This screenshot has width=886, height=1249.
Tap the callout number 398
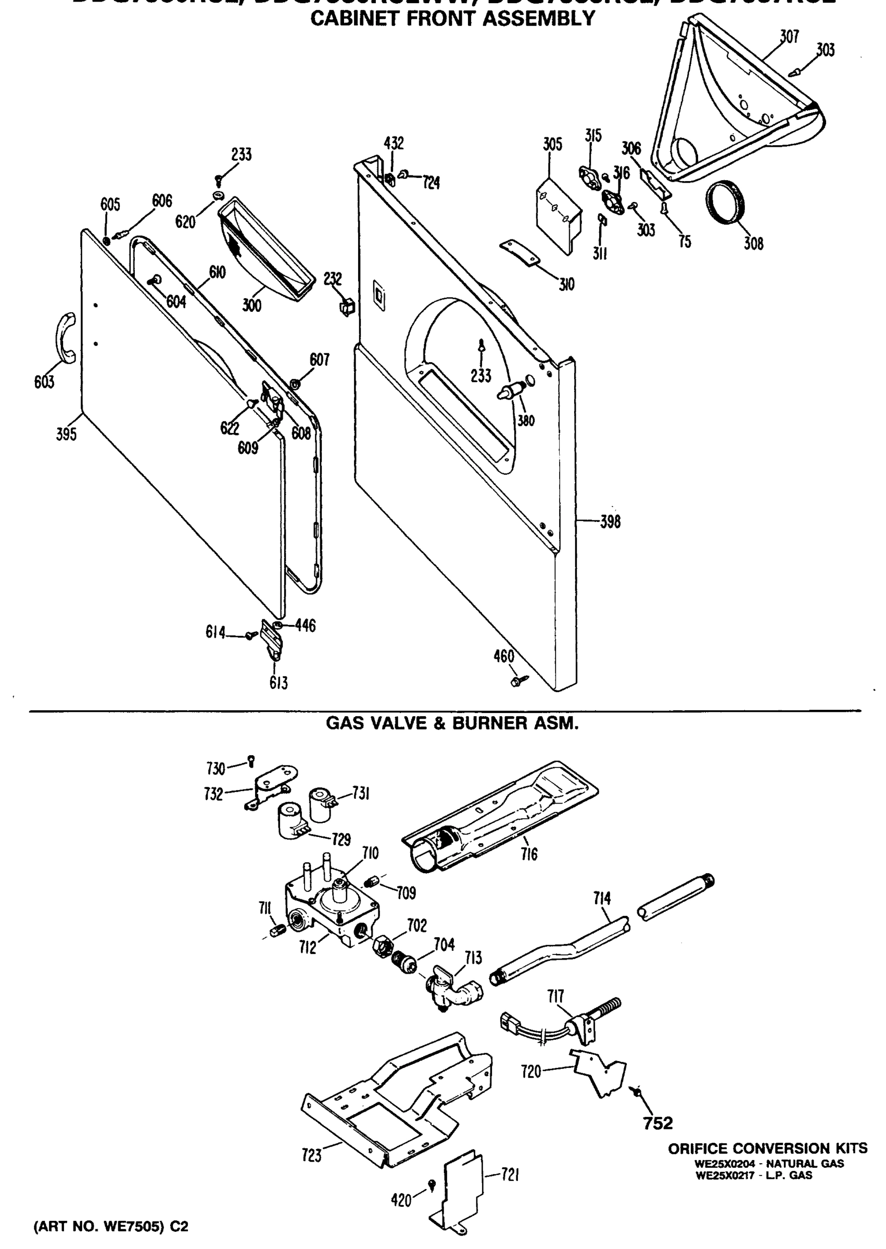(x=610, y=522)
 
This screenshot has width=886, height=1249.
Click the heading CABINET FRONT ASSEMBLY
(x=452, y=19)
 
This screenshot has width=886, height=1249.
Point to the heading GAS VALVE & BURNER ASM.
(x=452, y=723)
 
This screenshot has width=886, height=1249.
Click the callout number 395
(x=66, y=435)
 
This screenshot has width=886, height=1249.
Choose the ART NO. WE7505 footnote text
(x=111, y=1226)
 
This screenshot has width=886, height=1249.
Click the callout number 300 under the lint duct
(x=251, y=305)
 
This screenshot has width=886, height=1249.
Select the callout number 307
(x=789, y=36)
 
